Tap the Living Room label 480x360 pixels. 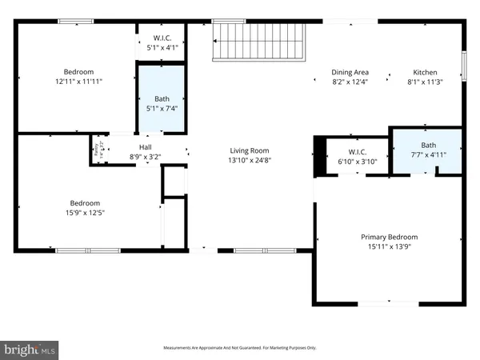tap(250, 150)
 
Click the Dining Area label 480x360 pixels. tap(350, 72)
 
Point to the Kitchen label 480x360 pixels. tap(425, 72)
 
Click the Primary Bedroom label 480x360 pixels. tap(389, 237)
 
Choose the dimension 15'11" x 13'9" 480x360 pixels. tap(389, 247)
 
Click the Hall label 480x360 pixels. tap(146, 147)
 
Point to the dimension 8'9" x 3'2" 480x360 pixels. tap(146, 158)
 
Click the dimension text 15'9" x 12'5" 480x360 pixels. tap(86, 213)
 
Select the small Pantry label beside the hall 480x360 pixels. tap(97, 149)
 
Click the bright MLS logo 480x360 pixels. tap(30, 348)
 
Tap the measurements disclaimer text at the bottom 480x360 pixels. tap(240, 348)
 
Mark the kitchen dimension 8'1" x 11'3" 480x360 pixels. tap(425, 82)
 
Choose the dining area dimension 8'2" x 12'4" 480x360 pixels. tap(350, 82)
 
